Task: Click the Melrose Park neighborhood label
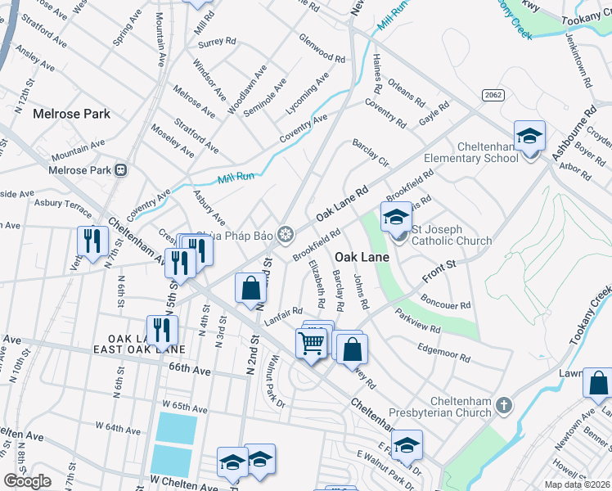coord(72,114)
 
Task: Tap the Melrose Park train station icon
coord(121,170)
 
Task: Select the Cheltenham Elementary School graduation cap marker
coord(529,136)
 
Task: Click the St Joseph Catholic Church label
coord(452,235)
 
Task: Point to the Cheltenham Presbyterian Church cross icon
coord(506,404)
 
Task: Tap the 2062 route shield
coord(493,95)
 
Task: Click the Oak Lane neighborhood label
coord(361,255)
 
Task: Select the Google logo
coord(28,481)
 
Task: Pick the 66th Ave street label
coord(191,369)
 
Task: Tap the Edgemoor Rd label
coord(443,352)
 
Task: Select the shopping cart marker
coord(312,344)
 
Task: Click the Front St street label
coord(439,271)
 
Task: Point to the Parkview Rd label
coord(418,321)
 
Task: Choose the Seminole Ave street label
coord(268,96)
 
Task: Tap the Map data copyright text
coord(576,484)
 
